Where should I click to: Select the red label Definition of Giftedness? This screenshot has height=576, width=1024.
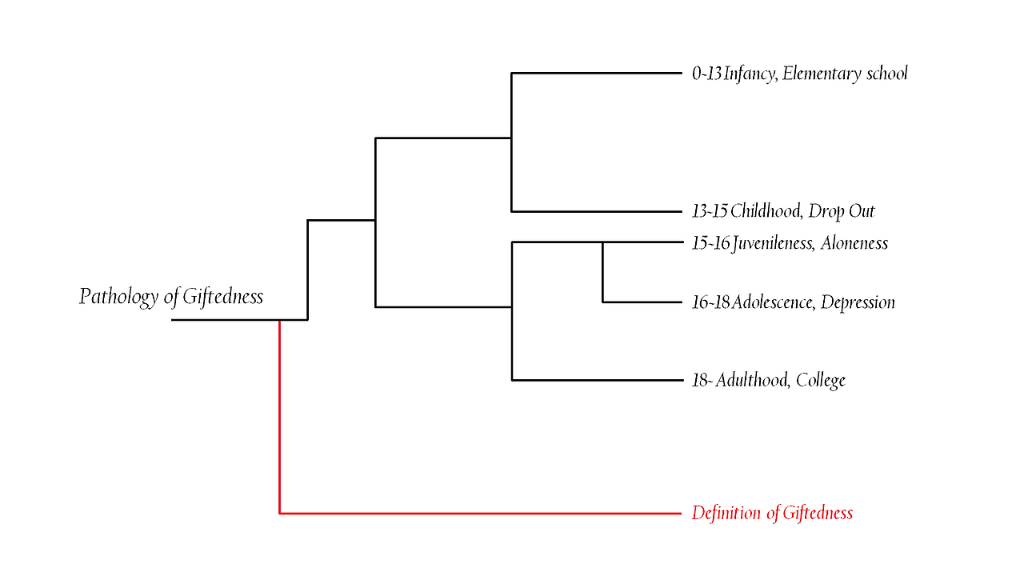(x=772, y=513)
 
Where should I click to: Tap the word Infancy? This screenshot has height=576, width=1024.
(x=749, y=74)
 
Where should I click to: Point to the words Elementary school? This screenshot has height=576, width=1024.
(x=845, y=74)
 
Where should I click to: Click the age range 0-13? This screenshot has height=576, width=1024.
(x=706, y=74)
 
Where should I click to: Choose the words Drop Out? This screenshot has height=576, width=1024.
(x=842, y=211)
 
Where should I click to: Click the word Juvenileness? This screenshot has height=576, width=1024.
(x=773, y=242)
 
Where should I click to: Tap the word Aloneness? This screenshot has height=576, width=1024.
(x=854, y=242)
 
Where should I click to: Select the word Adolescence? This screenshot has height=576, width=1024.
(x=772, y=302)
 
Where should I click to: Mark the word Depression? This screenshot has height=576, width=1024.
(x=858, y=302)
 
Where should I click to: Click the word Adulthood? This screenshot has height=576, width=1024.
(x=751, y=380)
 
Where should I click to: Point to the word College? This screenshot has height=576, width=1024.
(x=821, y=380)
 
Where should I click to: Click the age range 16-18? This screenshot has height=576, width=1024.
(x=710, y=302)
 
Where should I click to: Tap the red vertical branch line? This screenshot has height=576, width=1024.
(x=279, y=416)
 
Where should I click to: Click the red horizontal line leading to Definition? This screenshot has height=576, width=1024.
(x=480, y=513)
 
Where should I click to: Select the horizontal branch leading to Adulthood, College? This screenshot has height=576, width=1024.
(x=596, y=380)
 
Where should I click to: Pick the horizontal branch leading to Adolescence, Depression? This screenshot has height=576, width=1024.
(x=641, y=302)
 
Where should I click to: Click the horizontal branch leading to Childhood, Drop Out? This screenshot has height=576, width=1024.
(x=596, y=211)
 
